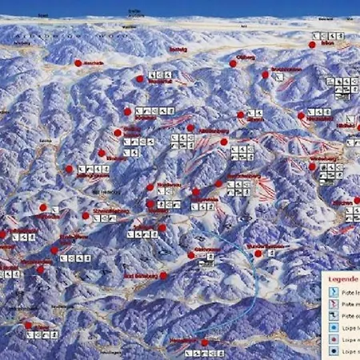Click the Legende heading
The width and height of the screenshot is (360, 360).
pyautogui.click(x=342, y=280)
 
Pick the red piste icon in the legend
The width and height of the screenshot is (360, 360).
pyautogui.click(x=333, y=304)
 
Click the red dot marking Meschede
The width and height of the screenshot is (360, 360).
pyautogui.click(x=78, y=62)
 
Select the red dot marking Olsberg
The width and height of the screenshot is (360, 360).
pyautogui.click(x=234, y=63)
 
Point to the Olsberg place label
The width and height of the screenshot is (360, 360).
pyautogui.click(x=246, y=58)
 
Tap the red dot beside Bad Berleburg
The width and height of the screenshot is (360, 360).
pyautogui.click(x=163, y=275)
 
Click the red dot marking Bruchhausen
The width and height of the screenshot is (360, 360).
pyautogui.click(x=265, y=74)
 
